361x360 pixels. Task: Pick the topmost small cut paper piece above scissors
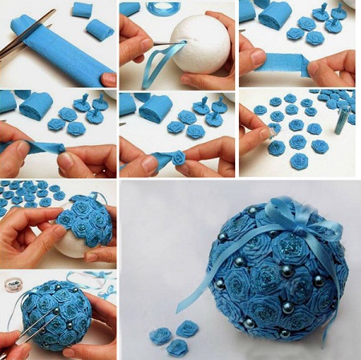point(83,10)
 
